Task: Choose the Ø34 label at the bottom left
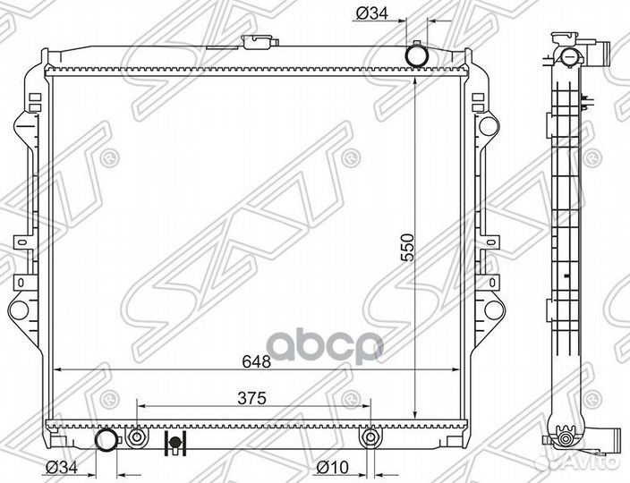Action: tap(62, 465)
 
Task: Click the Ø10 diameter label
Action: tap(333, 465)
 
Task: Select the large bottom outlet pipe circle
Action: tap(106, 439)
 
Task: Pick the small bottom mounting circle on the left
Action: tap(136, 438)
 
